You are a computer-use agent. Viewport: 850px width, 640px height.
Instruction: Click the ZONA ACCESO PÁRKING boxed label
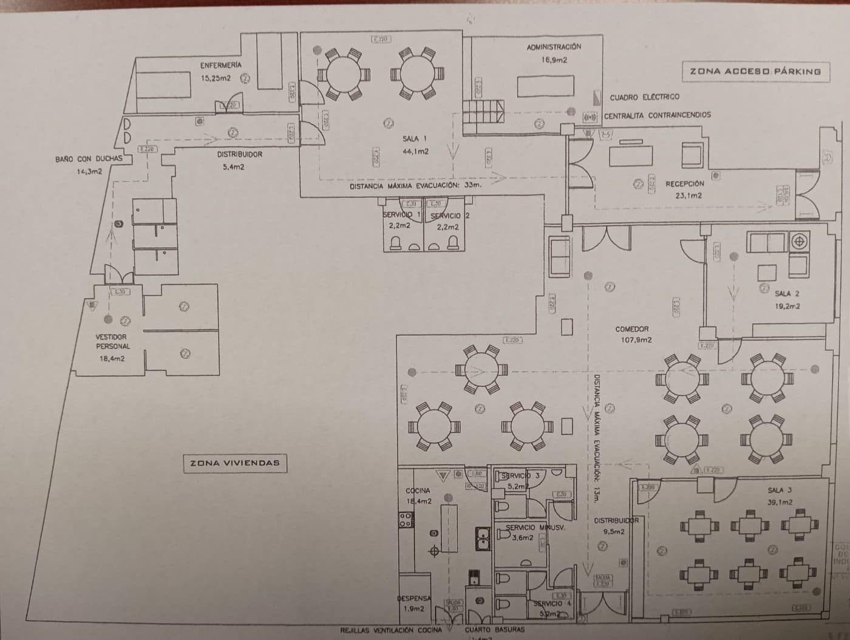[755, 71]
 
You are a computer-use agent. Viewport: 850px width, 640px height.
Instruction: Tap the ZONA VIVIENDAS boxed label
[234, 463]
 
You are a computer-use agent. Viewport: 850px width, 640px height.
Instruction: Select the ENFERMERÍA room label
[220, 65]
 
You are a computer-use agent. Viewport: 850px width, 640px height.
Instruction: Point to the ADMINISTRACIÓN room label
[554, 47]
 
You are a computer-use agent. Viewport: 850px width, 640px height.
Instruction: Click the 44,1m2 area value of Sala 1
[415, 151]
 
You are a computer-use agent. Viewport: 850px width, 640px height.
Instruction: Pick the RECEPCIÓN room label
[684, 183]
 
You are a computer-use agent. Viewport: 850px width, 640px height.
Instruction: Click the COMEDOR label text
[632, 329]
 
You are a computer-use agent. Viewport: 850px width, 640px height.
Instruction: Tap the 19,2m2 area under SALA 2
[787, 306]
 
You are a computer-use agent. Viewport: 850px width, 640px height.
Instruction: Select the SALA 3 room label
[780, 490]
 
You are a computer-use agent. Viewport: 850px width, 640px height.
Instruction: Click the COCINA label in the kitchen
[418, 490]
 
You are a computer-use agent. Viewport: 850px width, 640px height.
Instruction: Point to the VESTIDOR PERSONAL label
[112, 341]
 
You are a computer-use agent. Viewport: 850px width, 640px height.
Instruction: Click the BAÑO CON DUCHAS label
[89, 159]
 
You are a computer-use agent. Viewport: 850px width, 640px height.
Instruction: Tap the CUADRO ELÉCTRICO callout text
[645, 97]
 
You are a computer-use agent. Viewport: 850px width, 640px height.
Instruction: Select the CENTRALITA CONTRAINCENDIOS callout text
[657, 115]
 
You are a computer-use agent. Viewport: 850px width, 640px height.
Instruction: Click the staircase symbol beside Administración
[483, 112]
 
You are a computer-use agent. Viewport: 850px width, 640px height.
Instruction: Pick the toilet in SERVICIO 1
[395, 243]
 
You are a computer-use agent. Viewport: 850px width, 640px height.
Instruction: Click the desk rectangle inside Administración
[545, 85]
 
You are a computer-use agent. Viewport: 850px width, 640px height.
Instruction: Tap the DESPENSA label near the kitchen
[414, 598]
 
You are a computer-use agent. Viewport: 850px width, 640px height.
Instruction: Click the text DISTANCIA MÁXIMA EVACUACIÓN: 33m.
[415, 186]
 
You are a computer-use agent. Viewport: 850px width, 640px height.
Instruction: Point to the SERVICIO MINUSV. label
[530, 528]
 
